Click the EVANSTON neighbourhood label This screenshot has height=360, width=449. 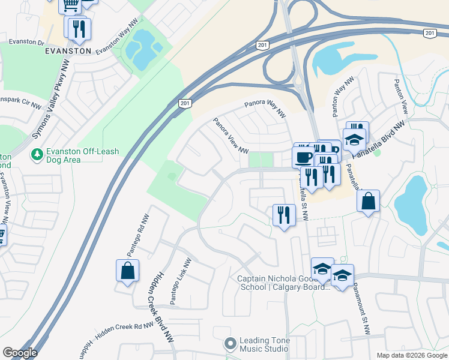tap(67, 51)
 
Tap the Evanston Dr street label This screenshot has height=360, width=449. tap(27, 42)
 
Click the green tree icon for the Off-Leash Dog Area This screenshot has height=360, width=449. tap(37, 155)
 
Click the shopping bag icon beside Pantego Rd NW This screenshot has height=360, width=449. tap(128, 271)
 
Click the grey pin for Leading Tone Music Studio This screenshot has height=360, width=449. tap(230, 344)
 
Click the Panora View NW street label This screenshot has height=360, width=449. tap(231, 136)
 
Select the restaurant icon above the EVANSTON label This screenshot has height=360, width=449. tap(79, 28)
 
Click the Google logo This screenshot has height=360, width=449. tap(19, 353)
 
